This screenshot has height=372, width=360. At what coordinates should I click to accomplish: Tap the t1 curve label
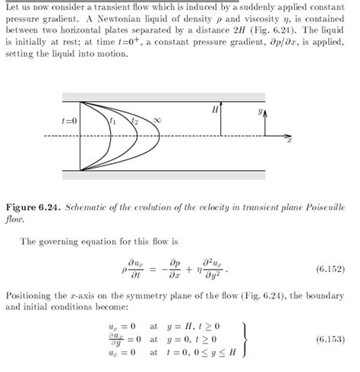(x=113, y=120)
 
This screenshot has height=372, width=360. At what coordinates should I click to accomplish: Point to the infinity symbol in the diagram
(x=156, y=120)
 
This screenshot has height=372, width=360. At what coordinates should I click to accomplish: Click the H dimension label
(x=215, y=110)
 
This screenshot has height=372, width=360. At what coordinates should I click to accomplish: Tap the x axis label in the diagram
(x=292, y=142)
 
